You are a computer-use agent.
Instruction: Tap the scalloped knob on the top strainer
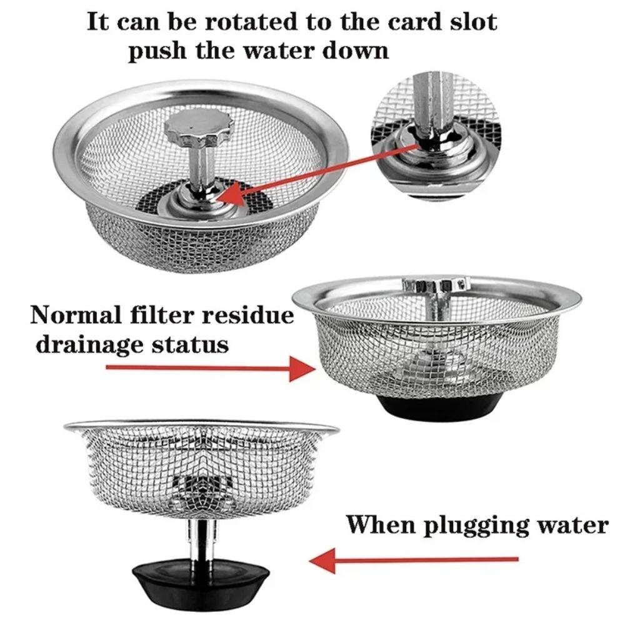click(x=198, y=127)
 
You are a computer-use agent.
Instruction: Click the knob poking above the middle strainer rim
click(x=436, y=284)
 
